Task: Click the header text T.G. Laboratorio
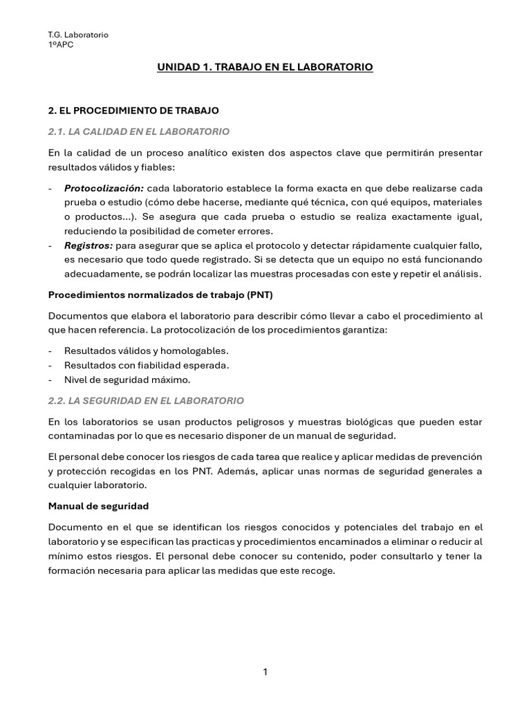[x=78, y=35]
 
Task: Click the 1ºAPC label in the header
[x=61, y=45]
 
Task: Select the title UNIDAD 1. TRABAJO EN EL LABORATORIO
[x=265, y=67]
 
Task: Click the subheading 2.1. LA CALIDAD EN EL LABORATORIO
[x=138, y=131]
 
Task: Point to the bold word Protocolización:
[x=104, y=188]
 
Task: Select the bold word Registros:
[x=88, y=245]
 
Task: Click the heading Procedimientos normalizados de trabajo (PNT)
[x=160, y=295]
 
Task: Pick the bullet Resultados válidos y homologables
[x=146, y=351]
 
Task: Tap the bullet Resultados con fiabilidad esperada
[x=146, y=365]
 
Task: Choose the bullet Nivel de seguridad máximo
[x=127, y=380]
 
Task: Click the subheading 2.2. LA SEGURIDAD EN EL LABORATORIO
[x=146, y=400]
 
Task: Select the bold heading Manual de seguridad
[x=98, y=506]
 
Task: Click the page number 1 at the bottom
[x=265, y=671]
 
